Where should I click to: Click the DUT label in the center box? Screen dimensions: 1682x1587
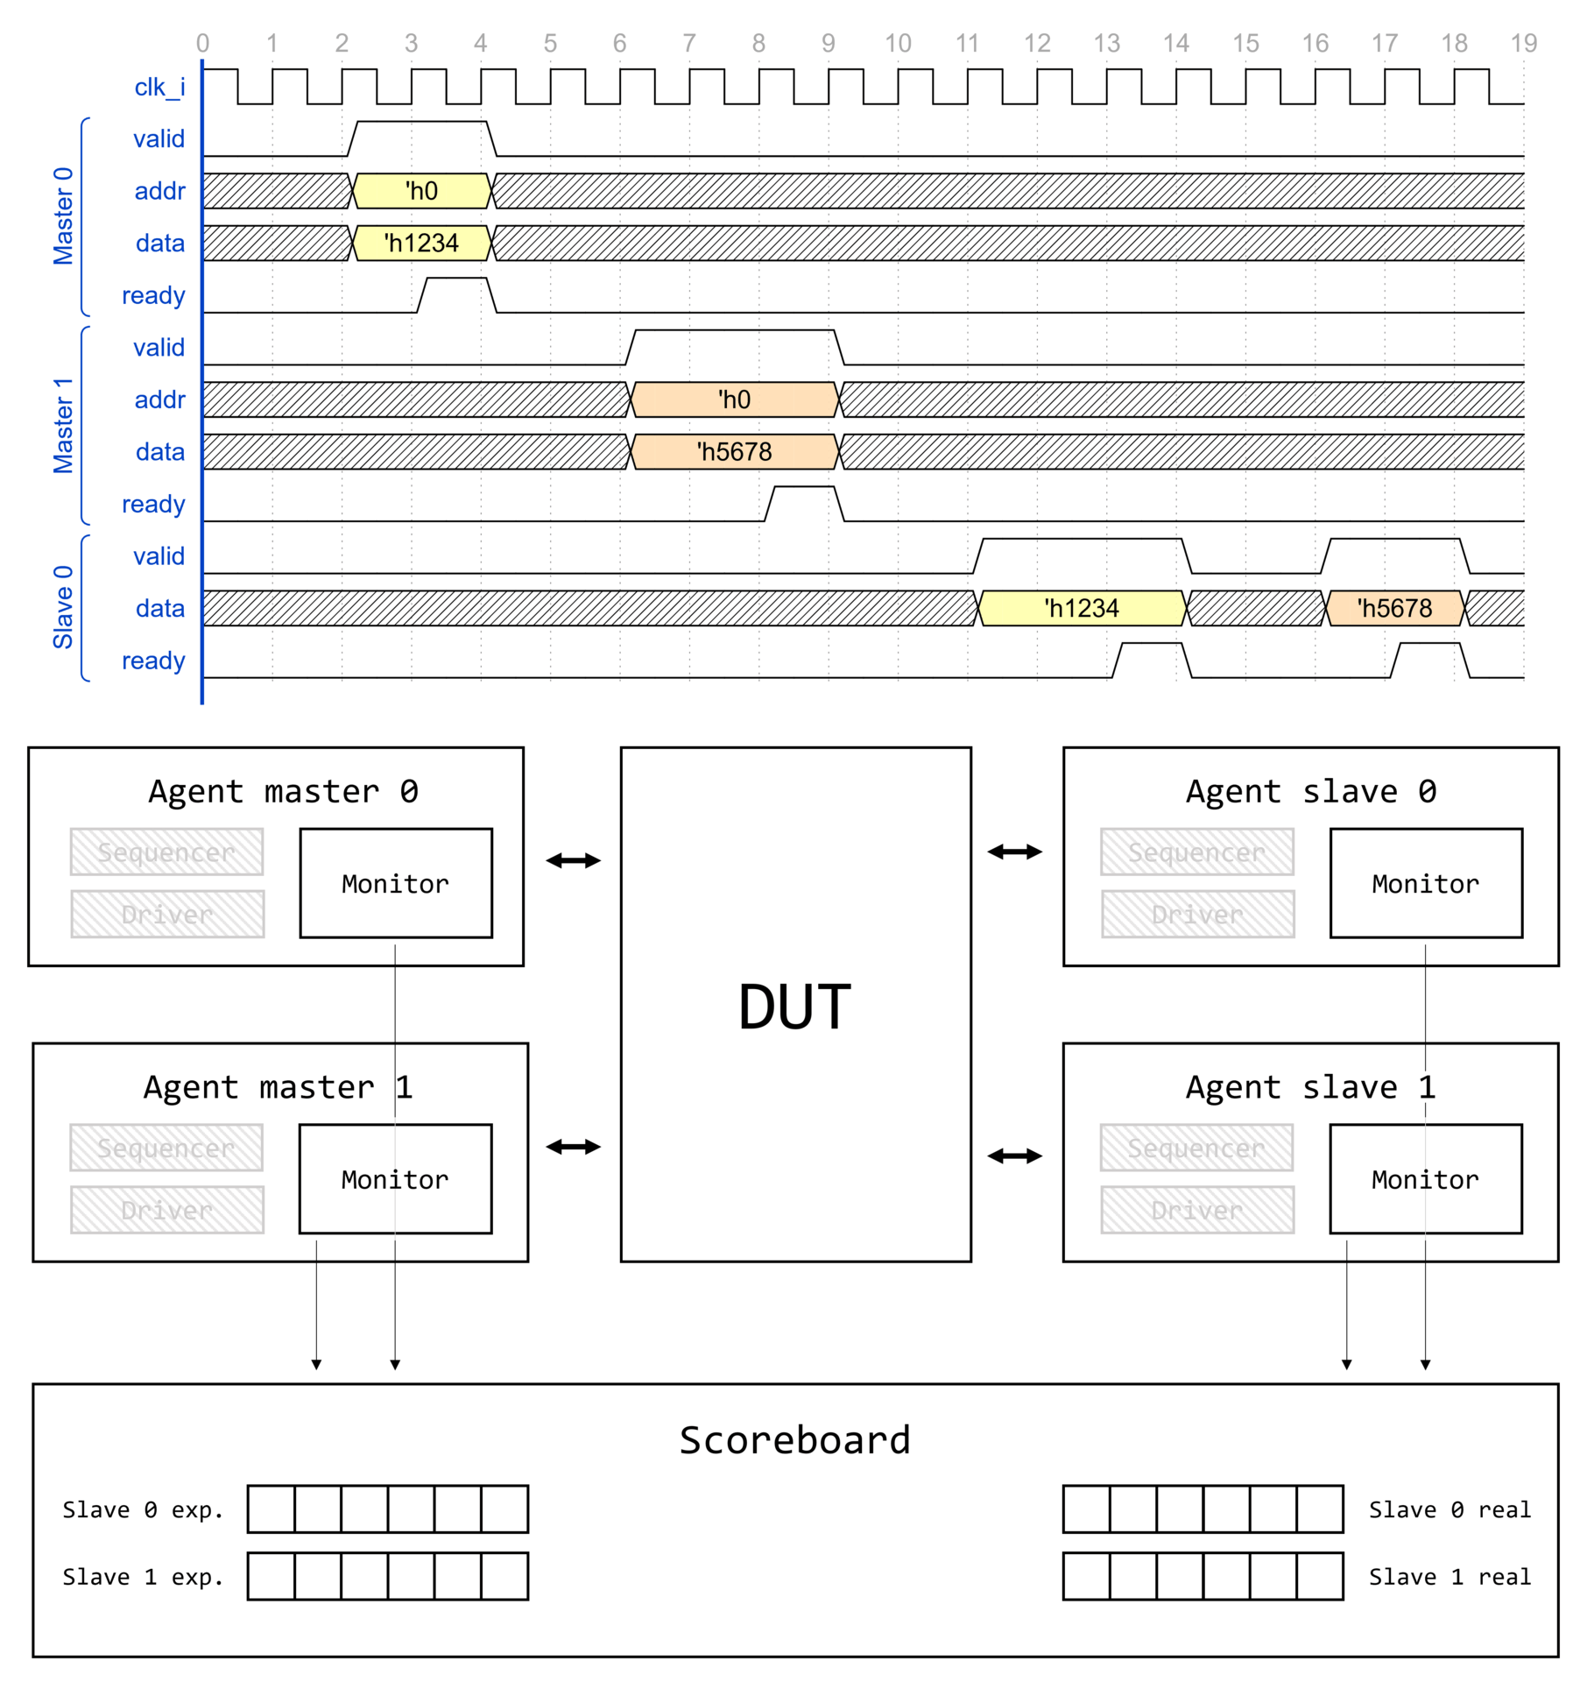794,1007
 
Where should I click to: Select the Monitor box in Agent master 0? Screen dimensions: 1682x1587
396,883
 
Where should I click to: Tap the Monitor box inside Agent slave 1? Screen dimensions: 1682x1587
1425,1179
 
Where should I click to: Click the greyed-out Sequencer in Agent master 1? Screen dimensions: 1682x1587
166,1148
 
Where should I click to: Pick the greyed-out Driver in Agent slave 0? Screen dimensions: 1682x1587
1197,914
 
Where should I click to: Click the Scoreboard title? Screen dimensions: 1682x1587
794,1440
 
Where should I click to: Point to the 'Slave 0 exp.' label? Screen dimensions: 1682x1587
143,1509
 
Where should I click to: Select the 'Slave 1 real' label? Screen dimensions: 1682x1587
1449,1577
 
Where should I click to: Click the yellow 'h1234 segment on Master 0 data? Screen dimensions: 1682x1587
421,243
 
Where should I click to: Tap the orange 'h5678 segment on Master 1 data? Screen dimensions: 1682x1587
734,452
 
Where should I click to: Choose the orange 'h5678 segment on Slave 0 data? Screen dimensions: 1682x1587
1394,608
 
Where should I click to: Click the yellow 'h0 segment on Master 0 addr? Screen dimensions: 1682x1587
421,191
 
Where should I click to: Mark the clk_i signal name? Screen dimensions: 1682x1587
159,87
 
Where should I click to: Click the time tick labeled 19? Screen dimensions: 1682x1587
1524,43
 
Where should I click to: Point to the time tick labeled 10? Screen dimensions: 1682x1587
898,43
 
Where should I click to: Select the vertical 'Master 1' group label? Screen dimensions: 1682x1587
63,426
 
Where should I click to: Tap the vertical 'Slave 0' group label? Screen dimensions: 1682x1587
63,607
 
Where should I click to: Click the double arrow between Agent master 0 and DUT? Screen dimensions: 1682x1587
573,860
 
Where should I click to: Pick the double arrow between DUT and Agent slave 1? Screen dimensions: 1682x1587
1014,1156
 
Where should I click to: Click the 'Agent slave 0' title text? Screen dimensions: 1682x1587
1310,791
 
